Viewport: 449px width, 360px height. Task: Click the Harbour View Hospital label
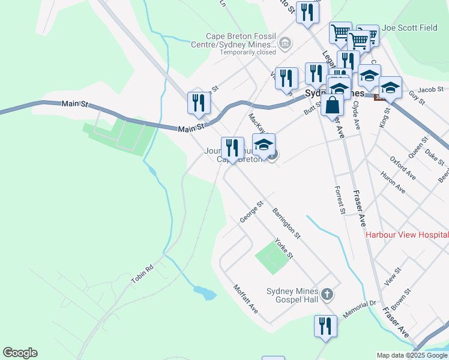coord(407,235)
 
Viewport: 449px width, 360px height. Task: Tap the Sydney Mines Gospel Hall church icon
coord(327,294)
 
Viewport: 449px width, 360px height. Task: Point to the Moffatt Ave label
coord(246,299)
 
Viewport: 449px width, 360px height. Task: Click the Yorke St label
coord(283,248)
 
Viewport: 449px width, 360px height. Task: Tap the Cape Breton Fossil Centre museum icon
coord(285,43)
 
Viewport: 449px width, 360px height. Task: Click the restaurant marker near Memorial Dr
coord(325,326)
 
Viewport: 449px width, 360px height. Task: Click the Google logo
coord(20,353)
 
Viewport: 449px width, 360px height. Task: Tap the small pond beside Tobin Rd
coord(204,293)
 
